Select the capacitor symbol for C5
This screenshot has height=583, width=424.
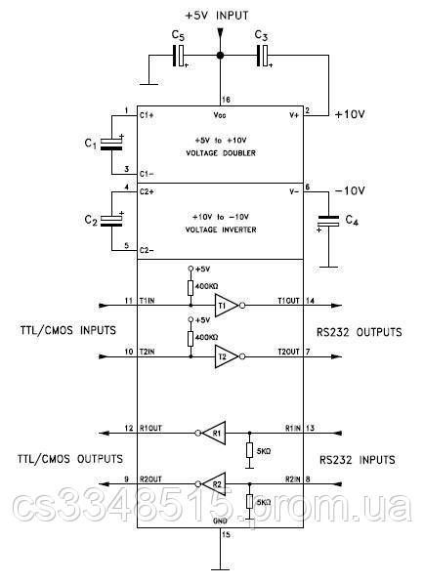pos(179,58)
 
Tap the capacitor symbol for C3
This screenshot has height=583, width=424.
pos(262,58)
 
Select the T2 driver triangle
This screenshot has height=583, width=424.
pos(224,356)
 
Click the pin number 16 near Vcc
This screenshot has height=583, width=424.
pos(228,100)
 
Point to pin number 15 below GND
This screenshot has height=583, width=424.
pos(228,535)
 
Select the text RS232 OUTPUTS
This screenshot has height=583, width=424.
pos(359,332)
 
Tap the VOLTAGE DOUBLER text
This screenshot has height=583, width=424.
pos(222,154)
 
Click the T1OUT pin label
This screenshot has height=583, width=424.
pos(289,301)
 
